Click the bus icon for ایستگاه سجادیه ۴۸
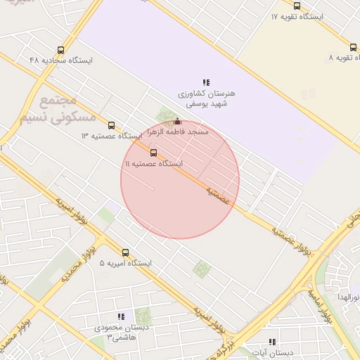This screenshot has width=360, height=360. [60, 50]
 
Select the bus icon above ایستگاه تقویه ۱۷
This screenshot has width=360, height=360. [297, 6]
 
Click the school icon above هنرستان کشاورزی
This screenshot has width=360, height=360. [206, 82]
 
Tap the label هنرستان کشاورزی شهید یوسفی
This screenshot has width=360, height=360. [206, 98]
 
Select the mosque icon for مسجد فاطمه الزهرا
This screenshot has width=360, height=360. [177, 121]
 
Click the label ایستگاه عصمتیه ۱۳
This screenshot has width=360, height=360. [111, 135]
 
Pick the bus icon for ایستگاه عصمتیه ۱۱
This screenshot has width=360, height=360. [154, 152]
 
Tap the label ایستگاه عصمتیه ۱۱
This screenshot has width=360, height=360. [153, 163]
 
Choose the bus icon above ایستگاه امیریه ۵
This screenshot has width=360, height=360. [126, 252]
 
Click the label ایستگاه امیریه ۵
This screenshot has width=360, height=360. [125, 263]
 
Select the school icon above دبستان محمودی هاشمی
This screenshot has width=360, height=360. [121, 317]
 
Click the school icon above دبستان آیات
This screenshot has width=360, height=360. [272, 342]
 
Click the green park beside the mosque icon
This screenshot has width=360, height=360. [167, 114]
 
